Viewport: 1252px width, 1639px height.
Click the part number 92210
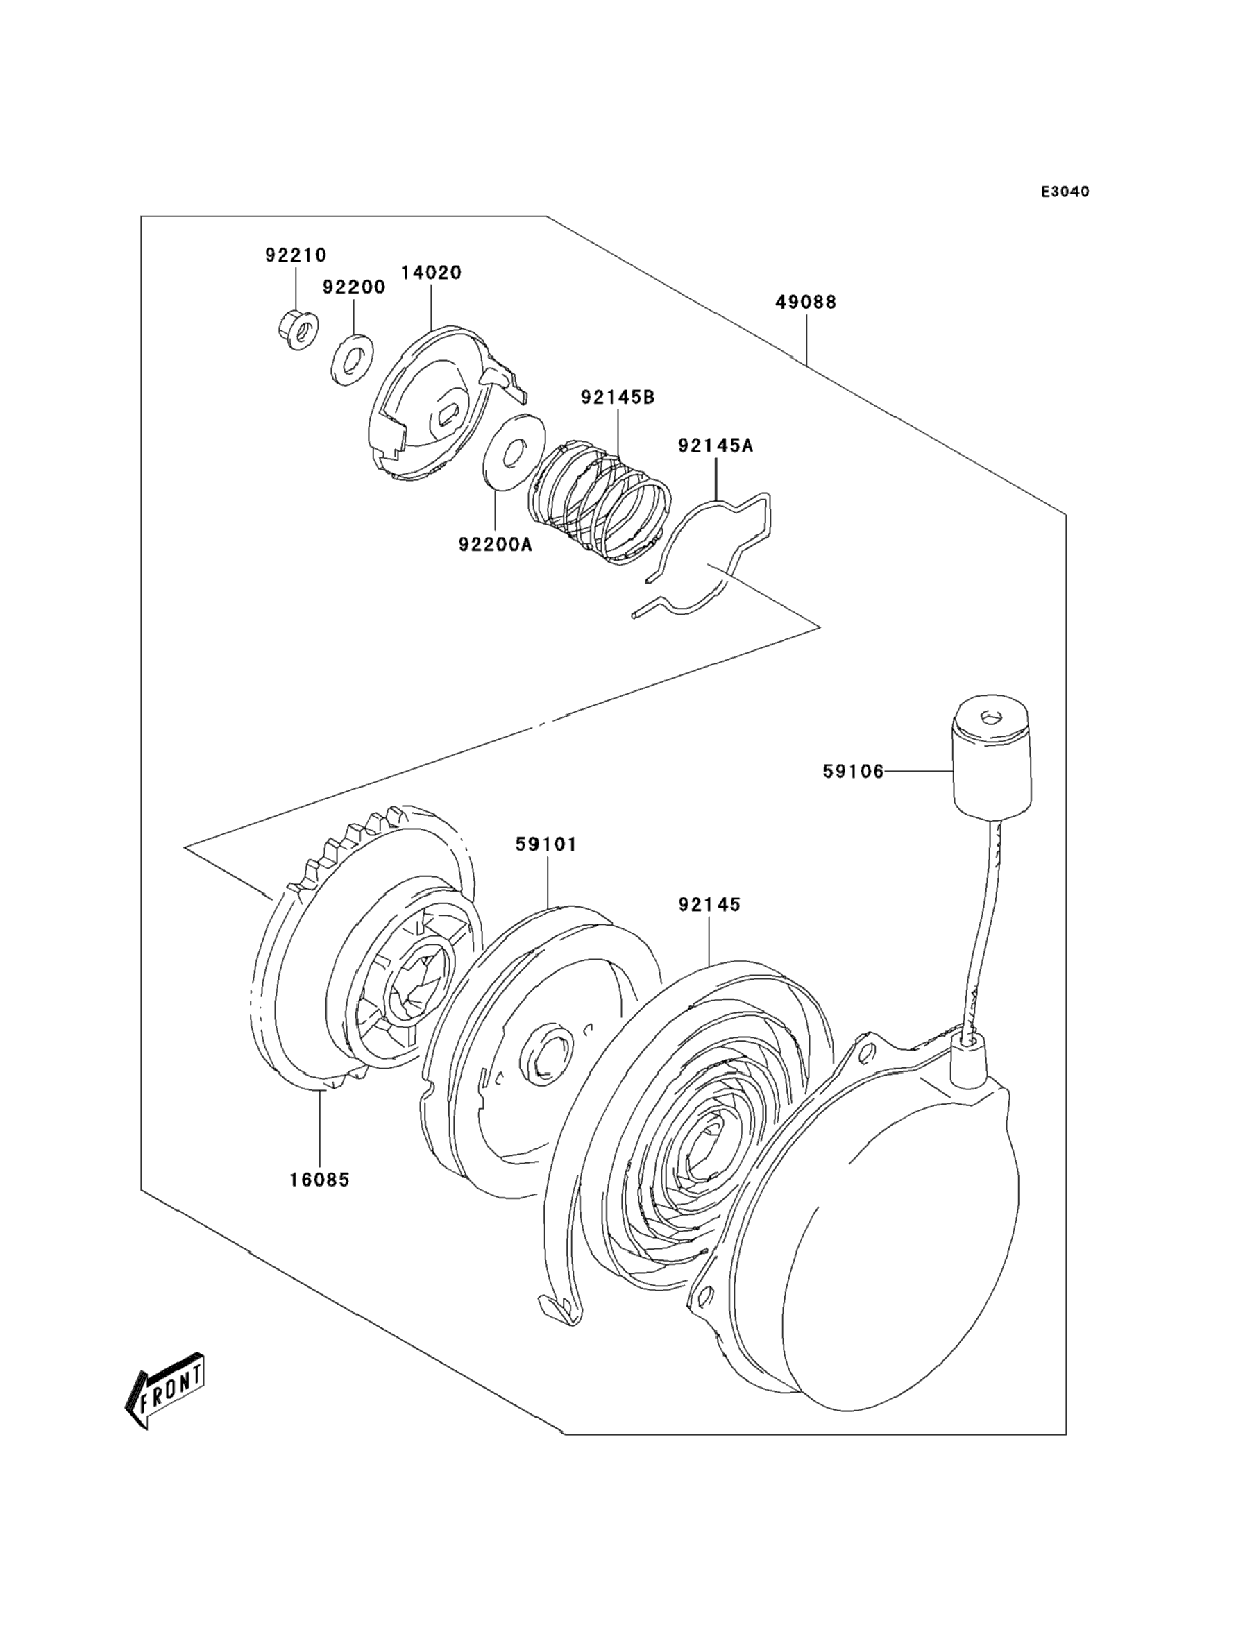click(296, 255)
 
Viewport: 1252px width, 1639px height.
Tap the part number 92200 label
click(354, 287)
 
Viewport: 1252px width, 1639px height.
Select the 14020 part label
click(431, 273)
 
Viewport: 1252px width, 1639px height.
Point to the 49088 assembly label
click(806, 303)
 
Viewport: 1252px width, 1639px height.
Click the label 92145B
click(618, 398)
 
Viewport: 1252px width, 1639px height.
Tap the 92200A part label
click(496, 545)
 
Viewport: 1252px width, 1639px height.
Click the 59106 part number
click(854, 772)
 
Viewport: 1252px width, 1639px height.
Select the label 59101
click(546, 845)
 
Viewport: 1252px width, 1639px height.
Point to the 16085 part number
click(320, 1180)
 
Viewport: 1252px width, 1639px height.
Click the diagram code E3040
click(1065, 192)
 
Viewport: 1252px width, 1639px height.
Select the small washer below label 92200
click(352, 360)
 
